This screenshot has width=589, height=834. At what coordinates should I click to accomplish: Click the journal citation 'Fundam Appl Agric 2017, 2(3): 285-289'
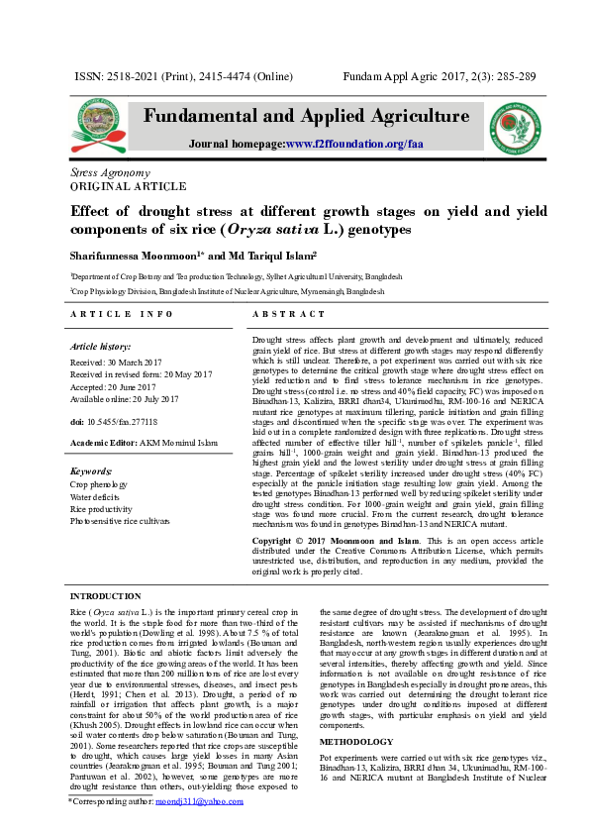click(x=439, y=76)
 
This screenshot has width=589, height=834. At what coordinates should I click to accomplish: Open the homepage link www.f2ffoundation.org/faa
click(x=353, y=145)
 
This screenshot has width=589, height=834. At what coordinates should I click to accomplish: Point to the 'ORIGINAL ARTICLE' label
click(x=114, y=185)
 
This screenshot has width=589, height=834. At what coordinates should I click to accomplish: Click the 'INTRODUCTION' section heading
click(x=105, y=596)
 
